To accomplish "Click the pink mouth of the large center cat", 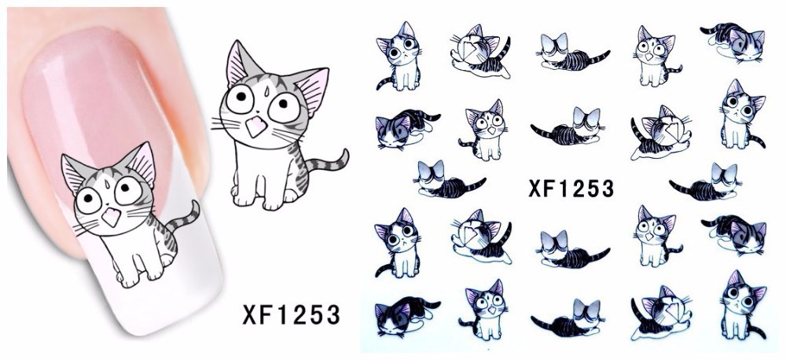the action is pyautogui.click(x=256, y=127).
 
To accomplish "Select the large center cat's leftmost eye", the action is pyautogui.click(x=239, y=99).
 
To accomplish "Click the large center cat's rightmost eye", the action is pyautogui.click(x=283, y=107).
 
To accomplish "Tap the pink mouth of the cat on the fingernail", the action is pyautogui.click(x=111, y=217).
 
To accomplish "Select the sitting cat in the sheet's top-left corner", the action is pyautogui.click(x=399, y=56).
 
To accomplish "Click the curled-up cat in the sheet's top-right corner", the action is pyautogui.click(x=733, y=42).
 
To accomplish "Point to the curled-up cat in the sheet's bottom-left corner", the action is pyautogui.click(x=407, y=317).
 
